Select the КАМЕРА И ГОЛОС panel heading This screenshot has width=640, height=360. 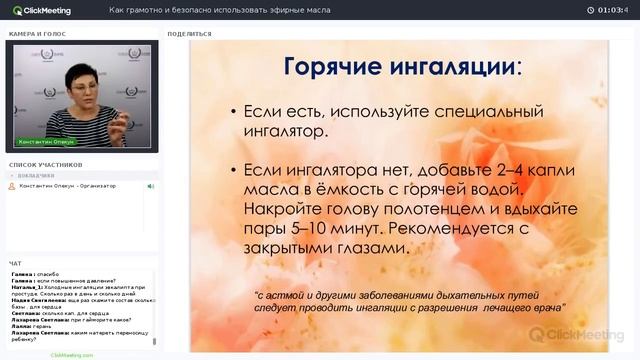38,33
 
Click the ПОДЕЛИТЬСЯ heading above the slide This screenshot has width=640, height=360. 189,33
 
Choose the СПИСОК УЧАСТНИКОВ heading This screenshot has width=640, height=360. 45,164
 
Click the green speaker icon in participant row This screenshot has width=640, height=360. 151,186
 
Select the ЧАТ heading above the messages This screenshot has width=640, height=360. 15,263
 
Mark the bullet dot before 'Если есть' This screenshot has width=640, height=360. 233,111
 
